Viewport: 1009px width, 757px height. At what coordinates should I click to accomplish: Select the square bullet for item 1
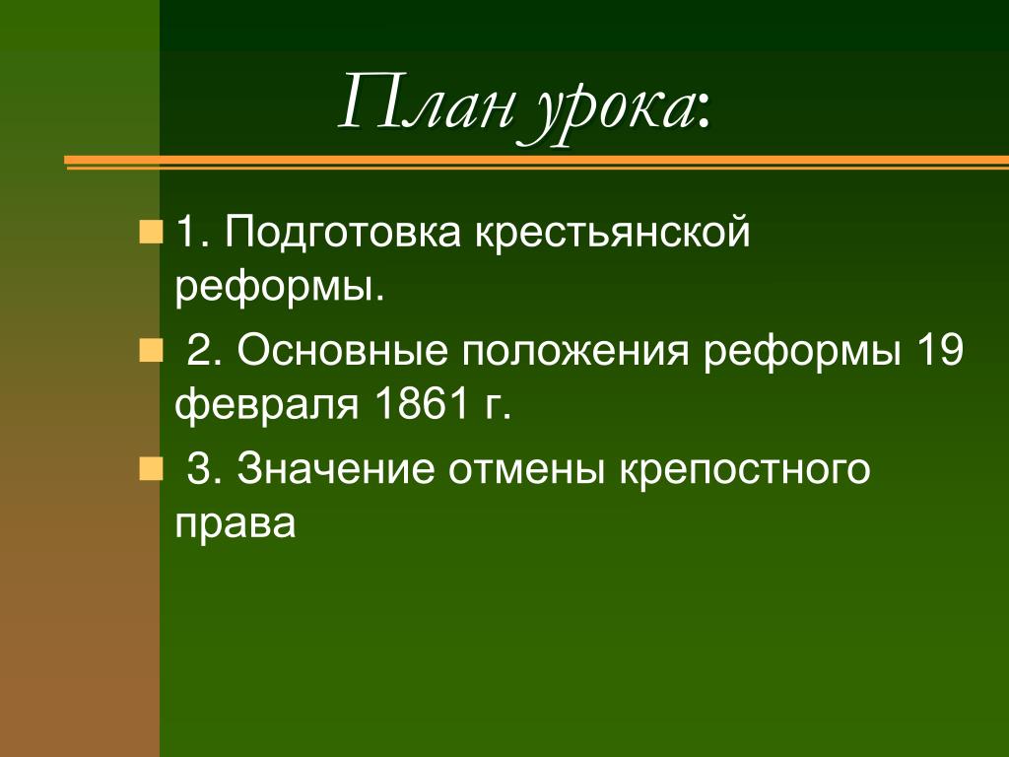tap(151, 234)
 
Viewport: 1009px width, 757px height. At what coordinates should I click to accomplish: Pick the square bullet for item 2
tap(151, 351)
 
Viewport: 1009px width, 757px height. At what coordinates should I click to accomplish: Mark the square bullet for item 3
tap(151, 467)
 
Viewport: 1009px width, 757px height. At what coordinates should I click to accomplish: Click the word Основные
tap(340, 352)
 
